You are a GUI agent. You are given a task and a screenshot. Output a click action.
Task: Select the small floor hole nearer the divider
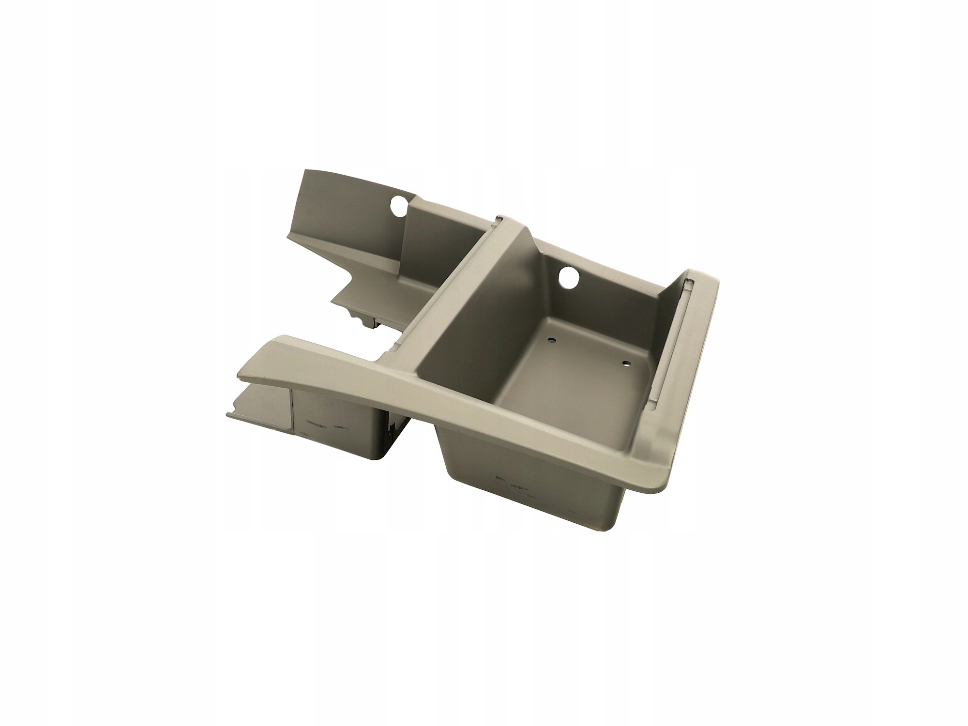[x=551, y=340]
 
